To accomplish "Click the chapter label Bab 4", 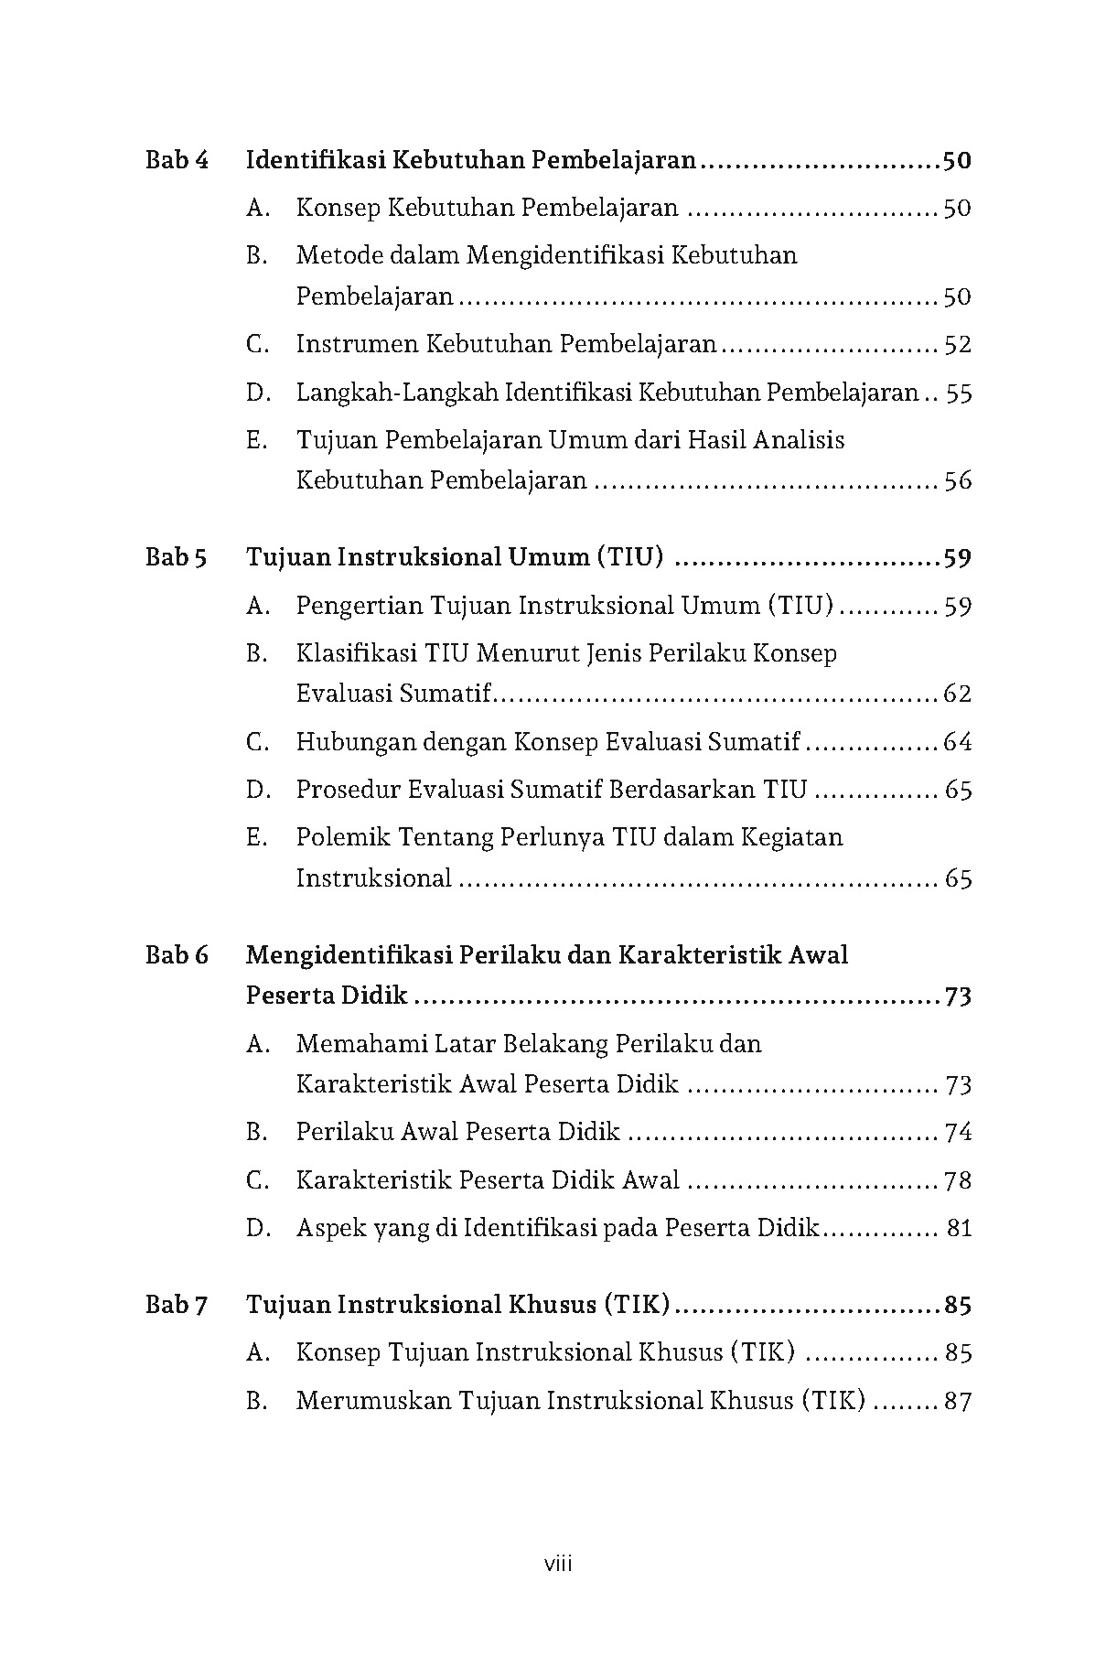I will pos(177,161).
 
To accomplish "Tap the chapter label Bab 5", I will pos(176,557).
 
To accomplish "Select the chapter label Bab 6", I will pos(177,955).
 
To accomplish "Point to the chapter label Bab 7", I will pos(176,1305).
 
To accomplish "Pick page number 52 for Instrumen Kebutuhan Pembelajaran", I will pos(957,345).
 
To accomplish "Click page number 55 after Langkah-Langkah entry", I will pos(959,393).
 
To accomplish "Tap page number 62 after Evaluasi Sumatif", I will pos(957,694).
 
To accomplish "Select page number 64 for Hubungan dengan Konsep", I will pos(957,742).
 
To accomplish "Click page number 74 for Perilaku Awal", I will pos(958,1133).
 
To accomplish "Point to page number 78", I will pos(958,1181).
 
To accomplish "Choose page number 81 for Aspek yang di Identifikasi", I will pos(959,1229).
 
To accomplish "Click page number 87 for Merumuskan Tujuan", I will pos(958,1401).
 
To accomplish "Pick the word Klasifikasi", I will pos(355,653).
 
